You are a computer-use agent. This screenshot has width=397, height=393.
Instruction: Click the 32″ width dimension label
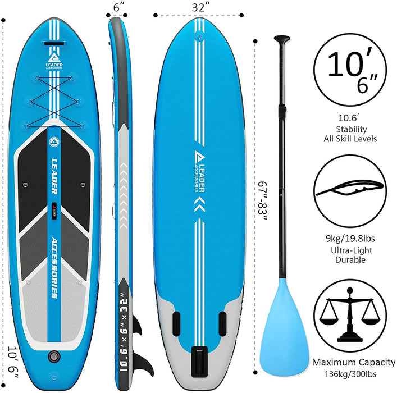point(200,8)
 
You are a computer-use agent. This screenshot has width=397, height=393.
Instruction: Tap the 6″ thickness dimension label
point(117,8)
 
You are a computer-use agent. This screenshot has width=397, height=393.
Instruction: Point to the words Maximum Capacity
point(354,362)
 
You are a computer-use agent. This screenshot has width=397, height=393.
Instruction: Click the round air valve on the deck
point(55,357)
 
